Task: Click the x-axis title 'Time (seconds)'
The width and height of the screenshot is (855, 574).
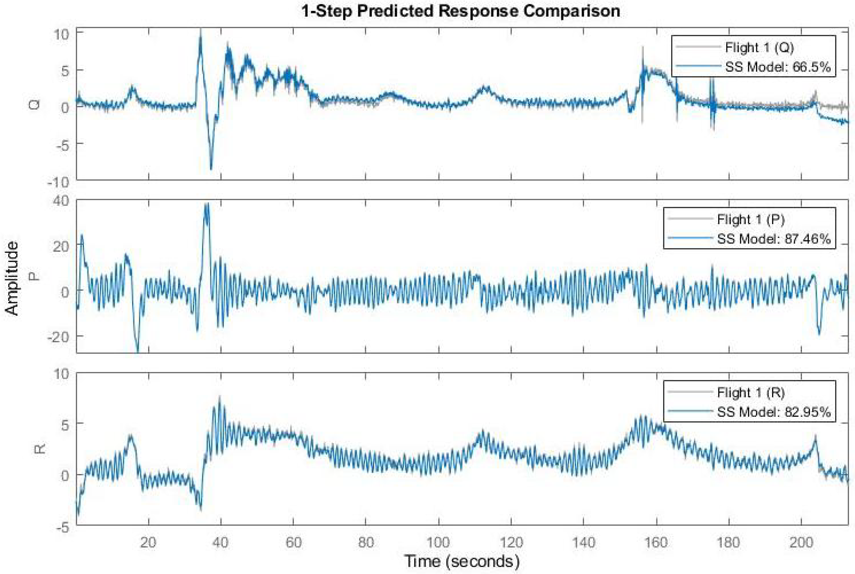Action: coord(461,561)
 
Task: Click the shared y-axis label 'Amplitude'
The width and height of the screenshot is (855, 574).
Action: coord(12,278)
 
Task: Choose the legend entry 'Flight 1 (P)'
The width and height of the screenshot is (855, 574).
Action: coord(751,219)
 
